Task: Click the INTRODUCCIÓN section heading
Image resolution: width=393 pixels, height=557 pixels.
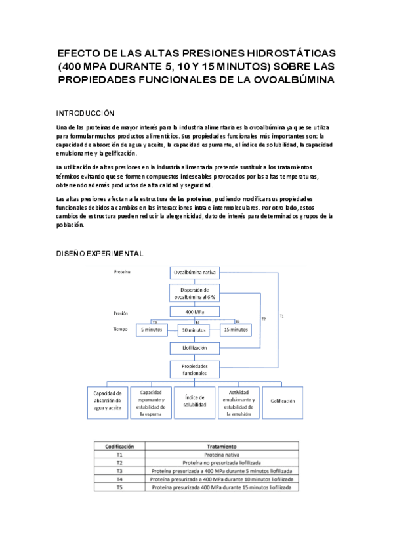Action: pyautogui.click(x=85, y=112)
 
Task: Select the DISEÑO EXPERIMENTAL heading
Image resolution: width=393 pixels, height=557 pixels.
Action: pyautogui.click(x=100, y=253)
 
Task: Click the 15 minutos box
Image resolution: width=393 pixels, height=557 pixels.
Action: pyautogui.click(x=236, y=329)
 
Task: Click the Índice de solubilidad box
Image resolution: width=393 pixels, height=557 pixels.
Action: pyautogui.click(x=196, y=401)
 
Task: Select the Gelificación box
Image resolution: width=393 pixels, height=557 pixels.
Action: pyautogui.click(x=283, y=401)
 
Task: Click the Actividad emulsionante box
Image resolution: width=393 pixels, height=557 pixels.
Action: pyautogui.click(x=239, y=401)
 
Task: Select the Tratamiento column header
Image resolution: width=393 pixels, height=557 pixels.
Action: pyautogui.click(x=221, y=445)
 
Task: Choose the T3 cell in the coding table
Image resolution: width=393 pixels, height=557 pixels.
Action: pyautogui.click(x=119, y=471)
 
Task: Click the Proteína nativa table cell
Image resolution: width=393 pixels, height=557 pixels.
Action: pyautogui.click(x=221, y=454)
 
